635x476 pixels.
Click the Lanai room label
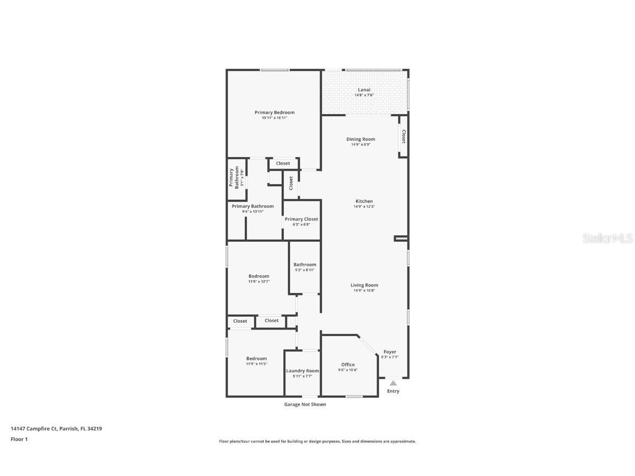[x=364, y=90]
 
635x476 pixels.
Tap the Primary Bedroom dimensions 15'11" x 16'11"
[x=275, y=118]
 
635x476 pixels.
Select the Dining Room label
[x=360, y=139]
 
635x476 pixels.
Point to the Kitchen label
[x=364, y=202]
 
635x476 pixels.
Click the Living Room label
[x=364, y=285]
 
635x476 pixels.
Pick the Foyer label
[x=390, y=352]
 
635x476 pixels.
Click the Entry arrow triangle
[x=393, y=383]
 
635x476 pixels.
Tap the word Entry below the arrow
[x=393, y=392]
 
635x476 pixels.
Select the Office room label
[x=348, y=365]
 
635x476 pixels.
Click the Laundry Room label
[x=303, y=371]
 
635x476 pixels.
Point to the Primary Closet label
[x=302, y=219]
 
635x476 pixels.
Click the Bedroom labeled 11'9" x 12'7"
[x=259, y=277]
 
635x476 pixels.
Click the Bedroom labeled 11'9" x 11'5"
[x=256, y=359]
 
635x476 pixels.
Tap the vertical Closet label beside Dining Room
[x=403, y=137]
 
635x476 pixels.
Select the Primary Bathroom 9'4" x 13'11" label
[x=252, y=207]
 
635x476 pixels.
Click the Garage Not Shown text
[x=305, y=404]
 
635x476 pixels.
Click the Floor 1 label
[x=19, y=439]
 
